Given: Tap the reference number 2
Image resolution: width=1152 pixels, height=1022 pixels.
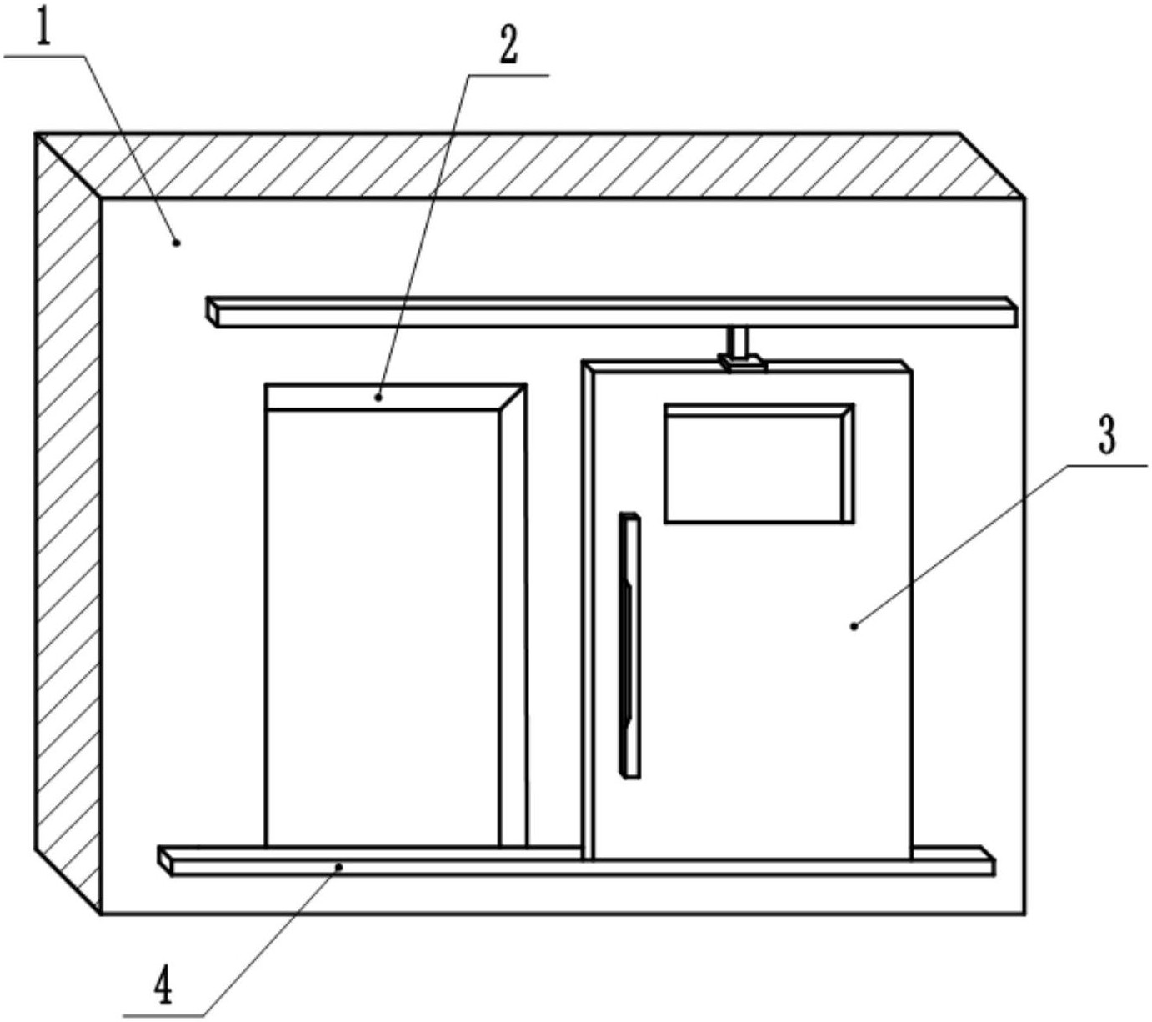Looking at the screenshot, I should coord(508,45).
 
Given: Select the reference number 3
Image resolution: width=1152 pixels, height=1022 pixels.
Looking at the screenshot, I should coord(1107,436).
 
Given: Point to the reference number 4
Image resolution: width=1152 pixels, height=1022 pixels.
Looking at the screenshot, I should coord(163,987).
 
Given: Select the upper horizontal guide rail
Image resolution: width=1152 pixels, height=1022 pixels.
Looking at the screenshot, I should coord(613,312).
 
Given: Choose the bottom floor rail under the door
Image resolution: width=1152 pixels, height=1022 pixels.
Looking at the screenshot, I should coord(575,861).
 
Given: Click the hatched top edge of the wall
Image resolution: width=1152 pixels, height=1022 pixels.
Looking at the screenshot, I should coord(533,165).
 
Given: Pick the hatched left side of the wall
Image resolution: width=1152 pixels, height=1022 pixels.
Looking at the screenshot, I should coord(68,517).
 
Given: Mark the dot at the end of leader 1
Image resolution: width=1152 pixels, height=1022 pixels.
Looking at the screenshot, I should coord(176,243).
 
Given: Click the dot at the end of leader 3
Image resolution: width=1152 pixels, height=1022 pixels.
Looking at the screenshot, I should coord(854,625).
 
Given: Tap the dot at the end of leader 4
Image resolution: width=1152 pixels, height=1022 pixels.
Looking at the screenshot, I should coord(339,867).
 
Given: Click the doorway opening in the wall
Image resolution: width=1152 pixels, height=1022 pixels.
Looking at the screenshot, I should coord(383,625).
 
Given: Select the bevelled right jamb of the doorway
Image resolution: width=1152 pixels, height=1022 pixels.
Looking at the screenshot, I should coord(513,617).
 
